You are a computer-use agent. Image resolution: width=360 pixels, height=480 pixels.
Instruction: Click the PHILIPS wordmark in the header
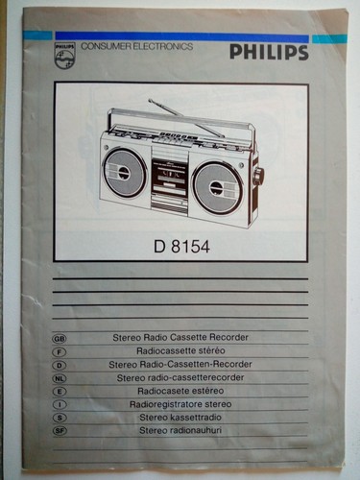(269, 52)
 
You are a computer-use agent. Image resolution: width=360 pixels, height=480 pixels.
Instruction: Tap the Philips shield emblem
(65, 55)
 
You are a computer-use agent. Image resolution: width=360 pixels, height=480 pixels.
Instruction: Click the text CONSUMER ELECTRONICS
(137, 47)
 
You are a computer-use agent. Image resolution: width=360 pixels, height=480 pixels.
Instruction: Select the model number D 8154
(181, 247)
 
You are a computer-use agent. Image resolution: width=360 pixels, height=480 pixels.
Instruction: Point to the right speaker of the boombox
(218, 188)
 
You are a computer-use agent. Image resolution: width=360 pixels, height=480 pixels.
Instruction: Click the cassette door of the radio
(169, 175)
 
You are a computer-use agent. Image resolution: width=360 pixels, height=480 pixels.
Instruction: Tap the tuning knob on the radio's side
(258, 175)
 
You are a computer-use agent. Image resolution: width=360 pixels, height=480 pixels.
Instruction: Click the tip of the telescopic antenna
(150, 101)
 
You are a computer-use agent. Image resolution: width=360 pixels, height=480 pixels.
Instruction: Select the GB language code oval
(60, 338)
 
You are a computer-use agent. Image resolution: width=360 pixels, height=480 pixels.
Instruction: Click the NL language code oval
(60, 378)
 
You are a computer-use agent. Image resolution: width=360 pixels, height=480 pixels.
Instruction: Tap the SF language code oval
(60, 431)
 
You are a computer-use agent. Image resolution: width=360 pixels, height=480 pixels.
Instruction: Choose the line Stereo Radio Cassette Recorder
(180, 337)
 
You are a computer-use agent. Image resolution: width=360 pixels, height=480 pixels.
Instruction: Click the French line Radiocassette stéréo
(180, 350)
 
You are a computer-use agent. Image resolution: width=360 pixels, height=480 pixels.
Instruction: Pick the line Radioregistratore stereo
(180, 404)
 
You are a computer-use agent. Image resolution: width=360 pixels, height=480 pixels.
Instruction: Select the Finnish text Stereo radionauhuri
(180, 430)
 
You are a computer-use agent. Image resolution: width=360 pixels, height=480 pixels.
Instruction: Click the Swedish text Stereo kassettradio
(180, 418)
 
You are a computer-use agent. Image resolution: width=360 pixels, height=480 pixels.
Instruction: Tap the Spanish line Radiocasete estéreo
(180, 391)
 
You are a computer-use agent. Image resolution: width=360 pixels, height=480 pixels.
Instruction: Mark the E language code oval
(60, 392)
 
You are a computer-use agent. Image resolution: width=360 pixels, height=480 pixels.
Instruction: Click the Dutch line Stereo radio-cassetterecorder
(180, 377)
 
